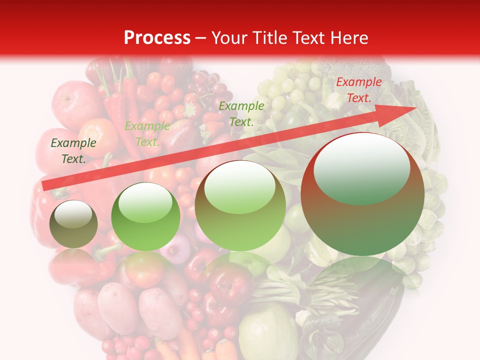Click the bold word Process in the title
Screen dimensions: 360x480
tap(157, 38)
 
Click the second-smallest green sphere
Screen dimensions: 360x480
tap(145, 217)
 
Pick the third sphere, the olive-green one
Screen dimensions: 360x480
tap(240, 205)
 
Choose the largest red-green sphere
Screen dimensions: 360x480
tap(362, 194)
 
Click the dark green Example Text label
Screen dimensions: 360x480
tap(73, 151)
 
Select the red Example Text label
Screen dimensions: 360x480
tap(358, 90)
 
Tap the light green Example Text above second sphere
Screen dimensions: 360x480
tap(147, 134)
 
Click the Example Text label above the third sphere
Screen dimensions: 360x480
tap(241, 113)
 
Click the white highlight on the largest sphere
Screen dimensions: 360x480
tap(361, 169)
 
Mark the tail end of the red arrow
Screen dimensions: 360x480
tap(44, 185)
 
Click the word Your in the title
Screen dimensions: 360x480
tap(230, 38)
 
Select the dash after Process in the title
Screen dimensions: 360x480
tap(201, 38)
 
